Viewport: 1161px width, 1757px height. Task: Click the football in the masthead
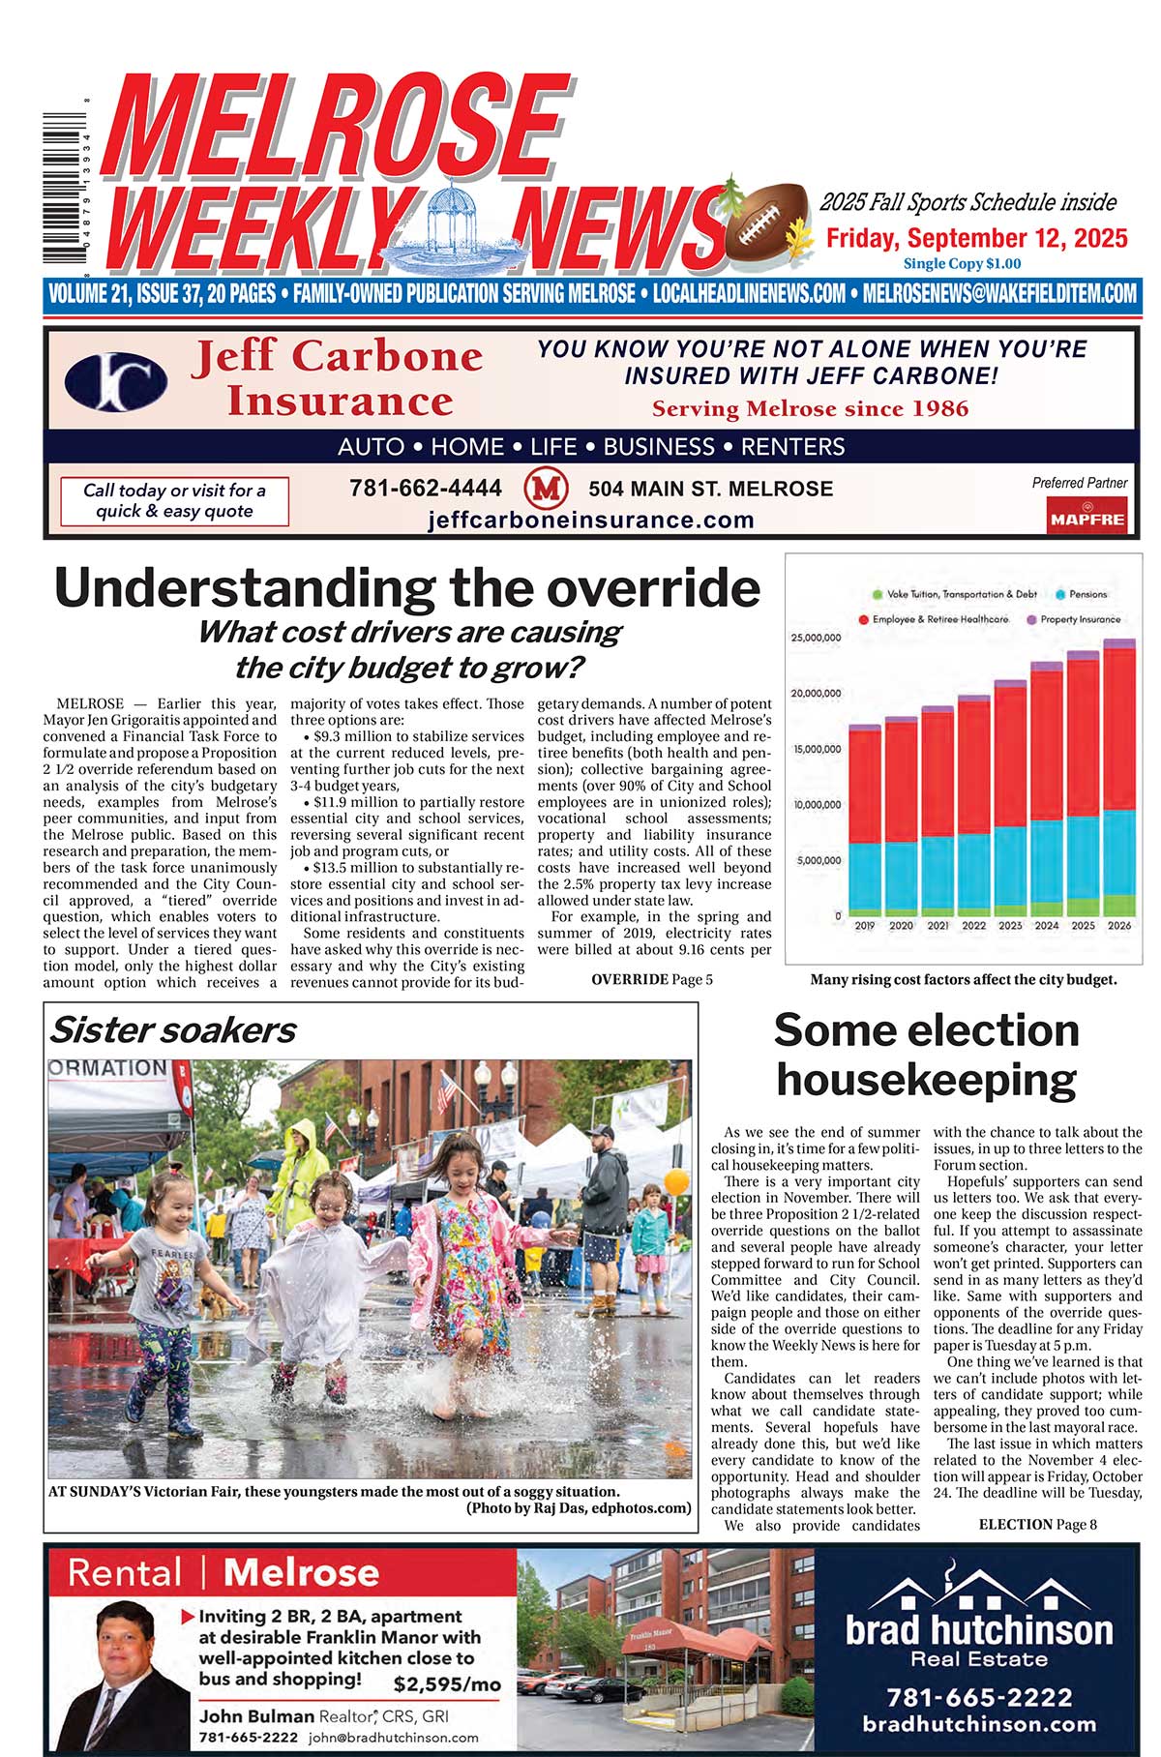click(769, 224)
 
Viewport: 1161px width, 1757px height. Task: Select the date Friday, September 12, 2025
click(976, 239)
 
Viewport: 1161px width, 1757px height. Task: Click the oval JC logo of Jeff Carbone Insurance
click(116, 381)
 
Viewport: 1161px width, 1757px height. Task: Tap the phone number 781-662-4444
click(426, 489)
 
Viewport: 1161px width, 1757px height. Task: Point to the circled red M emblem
click(545, 489)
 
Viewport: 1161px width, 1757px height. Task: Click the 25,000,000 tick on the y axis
click(816, 639)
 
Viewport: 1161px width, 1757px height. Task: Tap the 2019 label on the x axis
click(864, 926)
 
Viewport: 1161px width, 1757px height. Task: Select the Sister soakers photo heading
click(173, 1030)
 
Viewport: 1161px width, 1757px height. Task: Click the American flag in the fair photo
click(445, 1091)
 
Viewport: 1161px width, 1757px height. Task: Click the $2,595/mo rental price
click(447, 1684)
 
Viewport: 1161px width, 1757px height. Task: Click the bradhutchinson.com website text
click(979, 1723)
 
